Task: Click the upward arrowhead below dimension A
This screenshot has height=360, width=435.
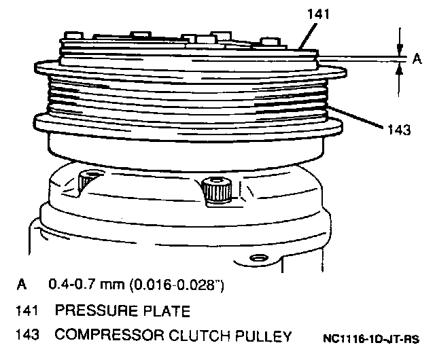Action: point(398,75)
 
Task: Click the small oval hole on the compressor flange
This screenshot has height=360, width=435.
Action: point(256,258)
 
